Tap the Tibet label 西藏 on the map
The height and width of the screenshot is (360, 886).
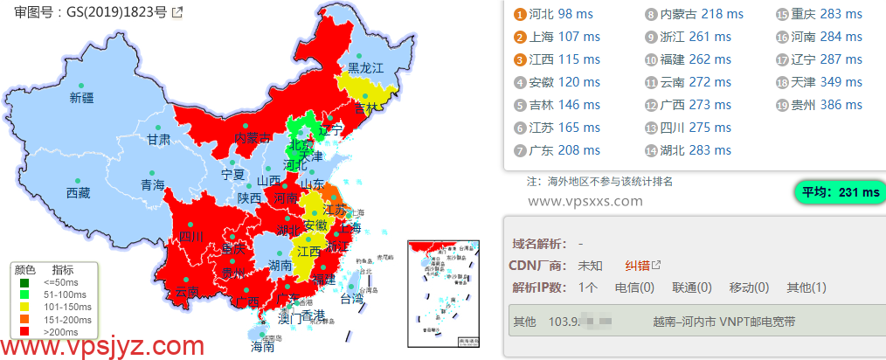pos(78,193)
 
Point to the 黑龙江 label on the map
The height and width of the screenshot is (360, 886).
pos(365,67)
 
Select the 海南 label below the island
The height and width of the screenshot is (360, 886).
pos(262,346)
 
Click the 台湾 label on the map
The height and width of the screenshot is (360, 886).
pos(350,299)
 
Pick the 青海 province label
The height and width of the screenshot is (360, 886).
pos(152,185)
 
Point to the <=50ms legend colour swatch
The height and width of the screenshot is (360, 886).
pos(25,282)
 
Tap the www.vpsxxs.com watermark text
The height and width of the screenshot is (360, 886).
pos(585,202)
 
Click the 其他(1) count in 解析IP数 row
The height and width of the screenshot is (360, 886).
pos(807,287)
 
